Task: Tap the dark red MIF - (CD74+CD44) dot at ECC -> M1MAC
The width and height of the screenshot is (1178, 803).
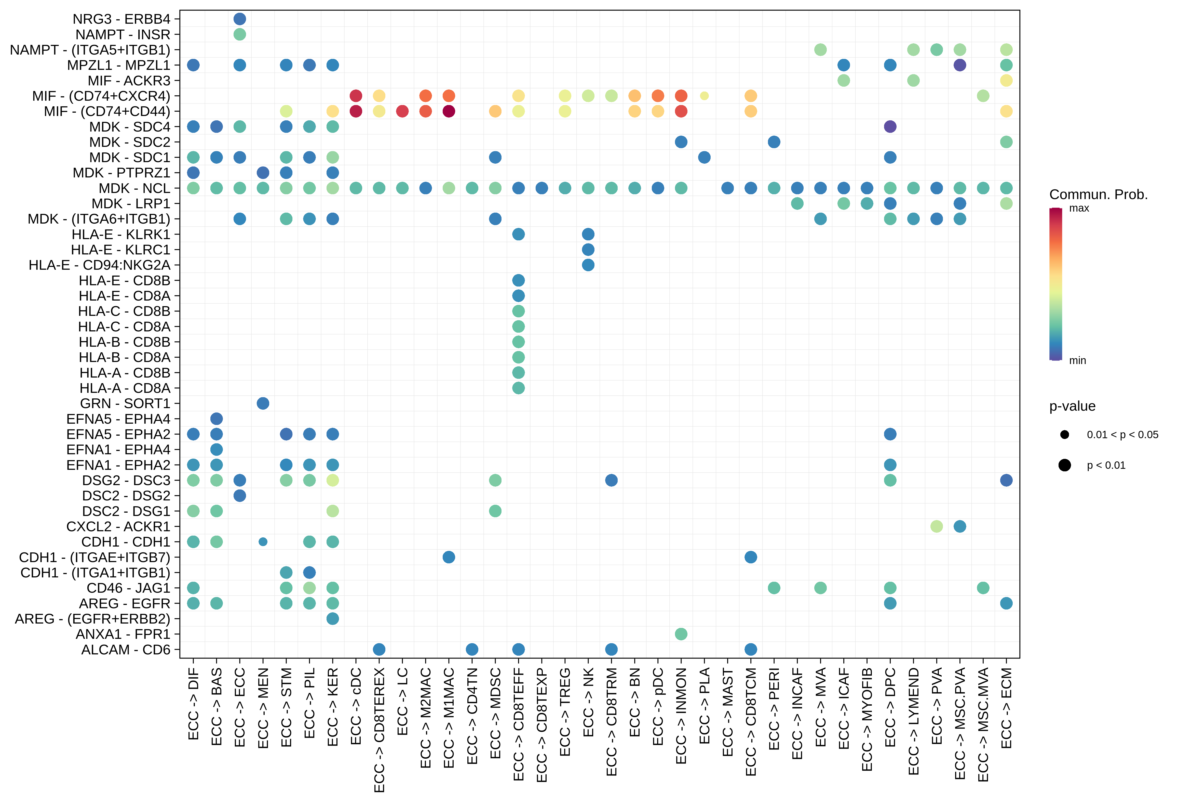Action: pos(449,111)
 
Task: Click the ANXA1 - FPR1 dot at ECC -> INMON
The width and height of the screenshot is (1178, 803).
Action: pos(681,634)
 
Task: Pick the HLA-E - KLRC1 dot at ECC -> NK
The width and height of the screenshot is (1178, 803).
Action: pos(588,250)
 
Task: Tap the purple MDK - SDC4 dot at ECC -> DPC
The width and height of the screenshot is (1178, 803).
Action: pos(890,126)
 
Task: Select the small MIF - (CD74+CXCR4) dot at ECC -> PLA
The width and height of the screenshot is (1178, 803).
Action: pos(704,96)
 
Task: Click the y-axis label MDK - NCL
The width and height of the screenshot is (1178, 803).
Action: pos(134,188)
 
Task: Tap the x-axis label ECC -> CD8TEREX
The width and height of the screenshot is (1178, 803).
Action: pos(379,729)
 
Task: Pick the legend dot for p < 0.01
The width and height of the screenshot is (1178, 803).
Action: pos(1064,465)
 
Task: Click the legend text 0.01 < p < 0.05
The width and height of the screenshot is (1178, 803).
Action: pos(1122,435)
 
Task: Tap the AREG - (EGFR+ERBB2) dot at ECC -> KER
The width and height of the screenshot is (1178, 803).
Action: pos(333,619)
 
